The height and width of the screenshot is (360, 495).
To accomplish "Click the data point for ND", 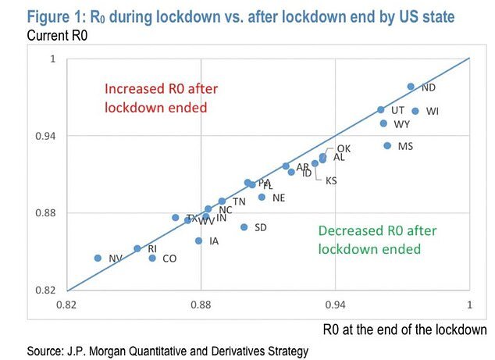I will coord(411,87).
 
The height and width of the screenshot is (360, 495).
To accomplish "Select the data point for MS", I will coord(387,146).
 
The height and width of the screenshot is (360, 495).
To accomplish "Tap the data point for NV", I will coord(98,258).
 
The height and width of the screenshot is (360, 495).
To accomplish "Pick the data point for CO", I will coord(152,258).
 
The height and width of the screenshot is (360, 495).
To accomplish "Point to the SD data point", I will coord(244,227).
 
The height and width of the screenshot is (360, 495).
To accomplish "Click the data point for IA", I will coord(199,241).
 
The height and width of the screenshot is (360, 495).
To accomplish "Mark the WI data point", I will coord(415,111).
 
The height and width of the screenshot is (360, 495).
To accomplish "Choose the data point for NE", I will coord(262,197).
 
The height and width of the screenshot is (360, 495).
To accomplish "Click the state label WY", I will coord(402,124).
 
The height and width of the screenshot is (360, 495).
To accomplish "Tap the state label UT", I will coord(397,111).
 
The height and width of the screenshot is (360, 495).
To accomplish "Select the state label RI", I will coord(152,248).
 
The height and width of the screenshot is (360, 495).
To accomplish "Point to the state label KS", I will coord(331,181).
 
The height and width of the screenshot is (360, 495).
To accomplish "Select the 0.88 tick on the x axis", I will coord(201,302).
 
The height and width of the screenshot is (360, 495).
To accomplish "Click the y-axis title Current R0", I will coord(62,36).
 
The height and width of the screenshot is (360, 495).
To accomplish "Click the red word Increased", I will coord(134,89).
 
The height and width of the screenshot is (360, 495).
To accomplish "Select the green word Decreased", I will coord(349,231).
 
